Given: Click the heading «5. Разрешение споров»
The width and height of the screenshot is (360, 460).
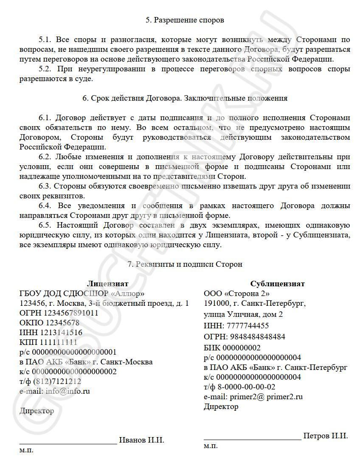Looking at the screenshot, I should (x=185, y=20).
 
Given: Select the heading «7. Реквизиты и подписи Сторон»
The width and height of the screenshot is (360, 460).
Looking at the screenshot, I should (x=185, y=264).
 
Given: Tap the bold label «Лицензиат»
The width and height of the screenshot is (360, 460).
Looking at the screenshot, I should (x=107, y=284).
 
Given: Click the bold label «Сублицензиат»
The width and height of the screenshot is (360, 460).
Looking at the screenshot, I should (x=277, y=284).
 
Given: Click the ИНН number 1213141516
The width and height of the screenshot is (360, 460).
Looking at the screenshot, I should (x=61, y=332).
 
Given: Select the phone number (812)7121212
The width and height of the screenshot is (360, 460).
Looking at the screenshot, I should (x=57, y=381).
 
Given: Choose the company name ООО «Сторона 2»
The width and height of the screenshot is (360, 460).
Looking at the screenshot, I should (x=237, y=293).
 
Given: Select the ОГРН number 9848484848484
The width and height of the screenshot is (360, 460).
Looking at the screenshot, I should (x=256, y=337).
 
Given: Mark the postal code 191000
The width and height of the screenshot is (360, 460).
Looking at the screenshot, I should (x=216, y=303).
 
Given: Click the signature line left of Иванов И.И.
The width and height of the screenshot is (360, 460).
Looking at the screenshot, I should (x=68, y=443).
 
